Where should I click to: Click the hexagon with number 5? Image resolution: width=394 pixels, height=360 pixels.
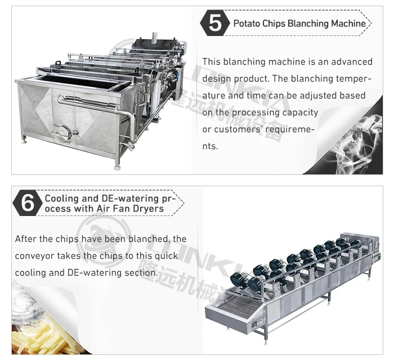point(215,23)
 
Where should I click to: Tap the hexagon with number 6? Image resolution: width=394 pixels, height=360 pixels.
point(28,203)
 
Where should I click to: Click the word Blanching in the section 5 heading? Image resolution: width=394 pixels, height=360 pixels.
point(308,24)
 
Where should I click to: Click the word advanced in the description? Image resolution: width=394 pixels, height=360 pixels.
point(352,62)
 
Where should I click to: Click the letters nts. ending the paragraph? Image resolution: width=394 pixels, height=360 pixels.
point(210,146)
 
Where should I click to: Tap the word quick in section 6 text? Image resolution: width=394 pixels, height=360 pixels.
point(166,256)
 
